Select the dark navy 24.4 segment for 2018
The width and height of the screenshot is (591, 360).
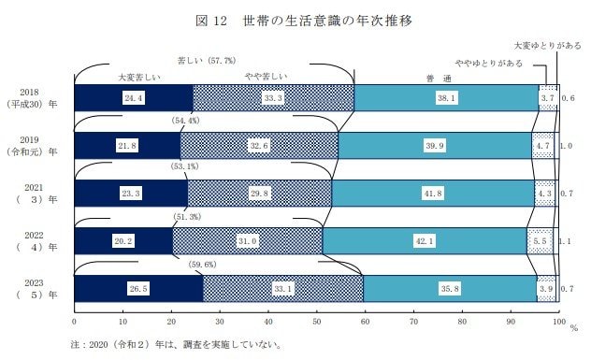[133, 96]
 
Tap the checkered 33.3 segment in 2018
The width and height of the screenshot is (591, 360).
[273, 96]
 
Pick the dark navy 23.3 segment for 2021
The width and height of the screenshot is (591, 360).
[130, 194]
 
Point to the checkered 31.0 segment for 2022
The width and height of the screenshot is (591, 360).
[248, 241]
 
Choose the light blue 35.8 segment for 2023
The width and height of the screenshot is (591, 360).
[450, 289]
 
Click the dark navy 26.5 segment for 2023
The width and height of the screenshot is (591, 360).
[137, 289]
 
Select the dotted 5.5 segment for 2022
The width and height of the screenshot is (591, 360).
[541, 241]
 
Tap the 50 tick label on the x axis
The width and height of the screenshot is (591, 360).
[316, 321]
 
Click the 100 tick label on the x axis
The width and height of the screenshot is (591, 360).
[558, 321]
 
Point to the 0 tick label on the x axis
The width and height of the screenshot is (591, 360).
[74, 321]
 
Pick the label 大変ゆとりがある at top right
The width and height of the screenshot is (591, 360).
[549, 44]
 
